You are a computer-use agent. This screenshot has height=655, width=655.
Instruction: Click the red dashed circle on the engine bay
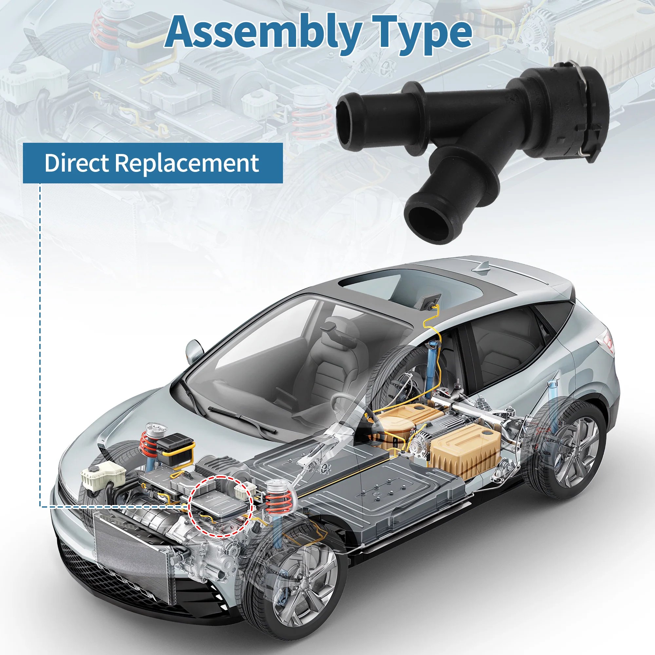[220, 506]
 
